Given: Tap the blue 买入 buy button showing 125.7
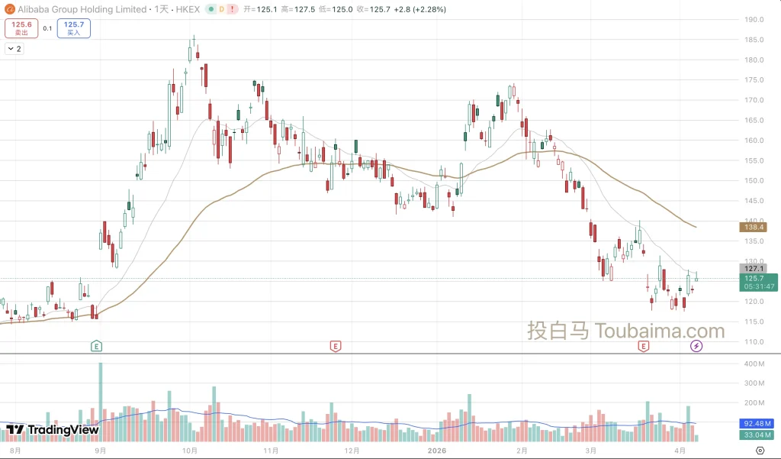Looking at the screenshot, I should point(73,28).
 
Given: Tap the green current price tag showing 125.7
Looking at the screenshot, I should point(759,282).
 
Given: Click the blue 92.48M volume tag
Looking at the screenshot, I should point(758,422).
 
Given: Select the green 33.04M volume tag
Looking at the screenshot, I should point(758,435).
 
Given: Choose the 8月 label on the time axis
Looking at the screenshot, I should point(15,451).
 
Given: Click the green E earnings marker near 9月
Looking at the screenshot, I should point(96,346).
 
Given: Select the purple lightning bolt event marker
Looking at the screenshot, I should point(696,346).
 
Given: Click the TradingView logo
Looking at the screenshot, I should point(53,430).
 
